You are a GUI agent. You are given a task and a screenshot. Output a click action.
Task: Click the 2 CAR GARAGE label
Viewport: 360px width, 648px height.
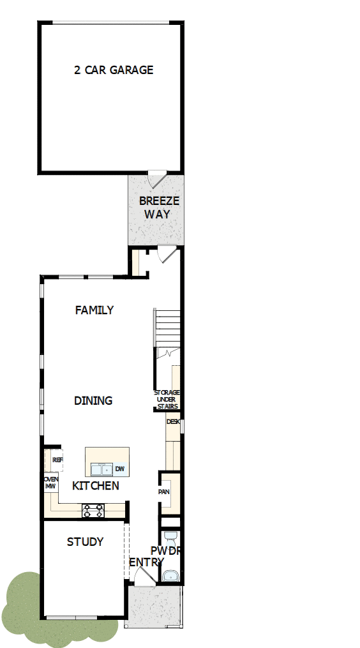tap(114, 70)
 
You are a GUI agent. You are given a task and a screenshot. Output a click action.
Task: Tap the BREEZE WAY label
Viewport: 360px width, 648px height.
tap(159, 207)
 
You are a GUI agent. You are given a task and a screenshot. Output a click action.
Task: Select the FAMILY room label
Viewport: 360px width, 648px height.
tap(94, 310)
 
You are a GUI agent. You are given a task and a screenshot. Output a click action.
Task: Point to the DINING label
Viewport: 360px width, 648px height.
tap(93, 401)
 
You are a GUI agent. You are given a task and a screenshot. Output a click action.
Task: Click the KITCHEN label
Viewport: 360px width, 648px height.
tap(96, 486)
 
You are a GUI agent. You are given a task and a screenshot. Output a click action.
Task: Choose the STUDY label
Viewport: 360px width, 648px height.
tap(85, 542)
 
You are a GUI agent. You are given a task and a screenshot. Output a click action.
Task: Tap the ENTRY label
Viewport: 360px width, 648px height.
tap(146, 562)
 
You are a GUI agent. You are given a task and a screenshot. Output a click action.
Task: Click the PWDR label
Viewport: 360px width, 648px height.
tap(165, 551)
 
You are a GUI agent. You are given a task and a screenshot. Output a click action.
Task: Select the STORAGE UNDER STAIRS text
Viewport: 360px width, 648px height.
tap(167, 400)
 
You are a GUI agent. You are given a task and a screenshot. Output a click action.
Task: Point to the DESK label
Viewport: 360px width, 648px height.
tap(172, 422)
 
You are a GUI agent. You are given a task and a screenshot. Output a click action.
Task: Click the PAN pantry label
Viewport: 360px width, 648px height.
tap(164, 492)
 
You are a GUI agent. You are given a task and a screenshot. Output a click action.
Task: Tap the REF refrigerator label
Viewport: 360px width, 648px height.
tap(57, 460)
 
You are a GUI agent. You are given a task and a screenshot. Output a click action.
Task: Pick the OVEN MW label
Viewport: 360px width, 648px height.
tap(50, 482)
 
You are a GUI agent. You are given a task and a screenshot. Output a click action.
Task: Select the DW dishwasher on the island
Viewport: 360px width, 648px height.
tap(120, 470)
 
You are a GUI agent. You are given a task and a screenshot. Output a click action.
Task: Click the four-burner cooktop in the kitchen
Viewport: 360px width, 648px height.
tap(93, 510)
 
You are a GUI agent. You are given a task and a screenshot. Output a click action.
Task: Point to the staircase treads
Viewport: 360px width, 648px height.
tap(167, 329)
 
